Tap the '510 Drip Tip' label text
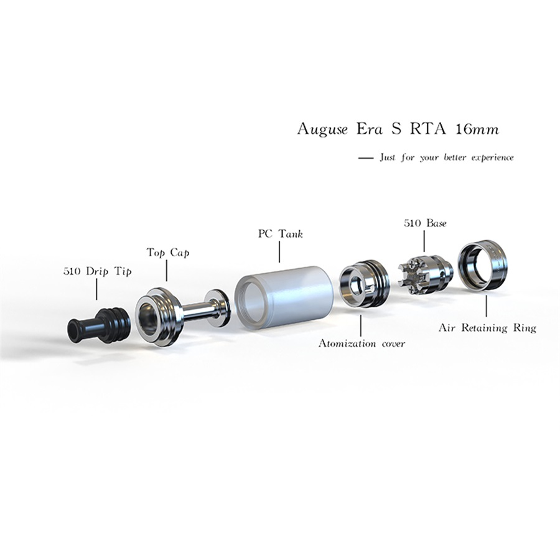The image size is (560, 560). click(98, 272)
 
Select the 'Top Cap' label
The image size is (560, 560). click(168, 253)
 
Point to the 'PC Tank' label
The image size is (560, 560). click(280, 235)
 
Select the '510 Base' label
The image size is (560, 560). click(425, 222)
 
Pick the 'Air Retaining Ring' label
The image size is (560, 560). click(487, 328)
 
